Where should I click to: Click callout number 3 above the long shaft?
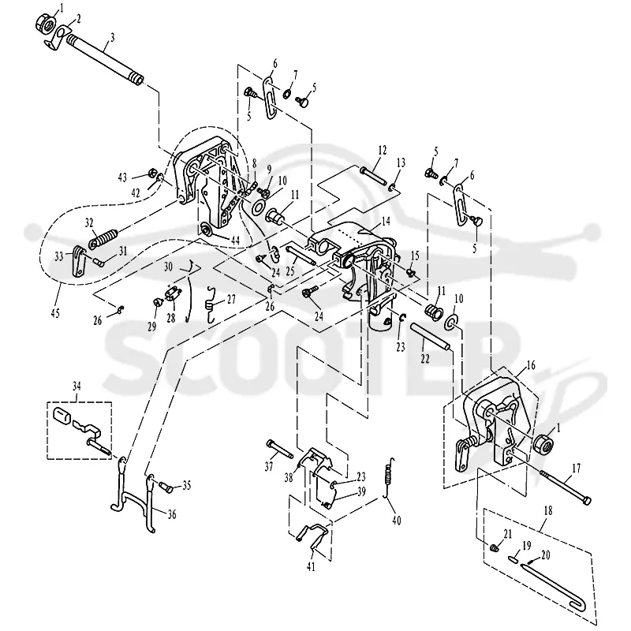pyautogui.click(x=113, y=38)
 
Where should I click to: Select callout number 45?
pyautogui.click(x=55, y=312)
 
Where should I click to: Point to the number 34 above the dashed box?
pyautogui.click(x=77, y=386)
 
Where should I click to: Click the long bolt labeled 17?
pyautogui.click(x=566, y=487)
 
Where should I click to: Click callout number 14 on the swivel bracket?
pyautogui.click(x=386, y=221)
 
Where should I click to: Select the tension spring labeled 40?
pyautogui.click(x=389, y=480)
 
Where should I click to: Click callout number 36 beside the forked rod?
pyautogui.click(x=172, y=514)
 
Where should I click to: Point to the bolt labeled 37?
pyautogui.click(x=280, y=448)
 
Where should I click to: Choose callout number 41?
pyautogui.click(x=311, y=567)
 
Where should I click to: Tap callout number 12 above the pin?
pyautogui.click(x=382, y=150)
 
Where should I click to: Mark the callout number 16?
pyautogui.click(x=531, y=365)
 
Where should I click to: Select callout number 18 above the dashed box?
pyautogui.click(x=547, y=510)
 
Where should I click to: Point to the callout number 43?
pyautogui.click(x=122, y=177)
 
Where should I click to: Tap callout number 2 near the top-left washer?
pyautogui.click(x=77, y=19)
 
